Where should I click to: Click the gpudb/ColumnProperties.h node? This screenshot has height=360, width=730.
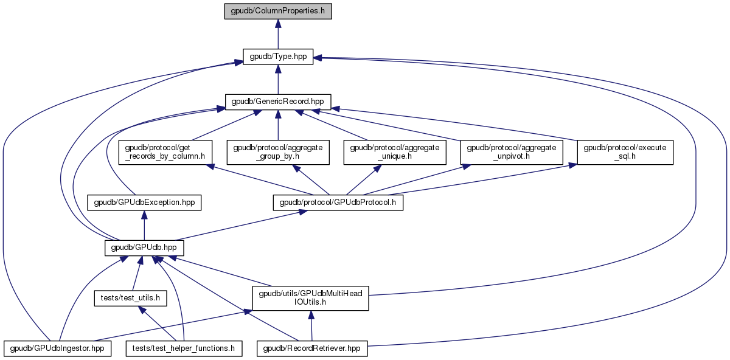(x=278, y=12)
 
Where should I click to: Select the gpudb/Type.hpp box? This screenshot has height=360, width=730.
(x=278, y=57)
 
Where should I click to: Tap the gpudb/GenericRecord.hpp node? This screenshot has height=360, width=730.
(x=278, y=102)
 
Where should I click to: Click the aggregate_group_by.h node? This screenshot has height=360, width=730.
(x=278, y=152)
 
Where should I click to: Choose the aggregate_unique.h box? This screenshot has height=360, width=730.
(x=395, y=152)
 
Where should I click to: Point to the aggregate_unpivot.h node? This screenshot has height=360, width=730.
(x=512, y=152)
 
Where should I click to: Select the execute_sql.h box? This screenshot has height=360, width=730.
(x=625, y=152)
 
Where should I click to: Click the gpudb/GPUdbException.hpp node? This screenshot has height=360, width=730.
(x=144, y=202)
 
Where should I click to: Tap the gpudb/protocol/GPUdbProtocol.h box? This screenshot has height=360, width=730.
(x=338, y=202)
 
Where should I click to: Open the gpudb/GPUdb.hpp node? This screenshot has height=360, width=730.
(x=144, y=247)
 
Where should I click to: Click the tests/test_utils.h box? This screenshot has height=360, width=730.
(x=130, y=298)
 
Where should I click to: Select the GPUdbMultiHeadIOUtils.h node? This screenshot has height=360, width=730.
(x=311, y=298)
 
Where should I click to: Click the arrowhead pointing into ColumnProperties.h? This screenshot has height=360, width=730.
(x=278, y=23)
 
